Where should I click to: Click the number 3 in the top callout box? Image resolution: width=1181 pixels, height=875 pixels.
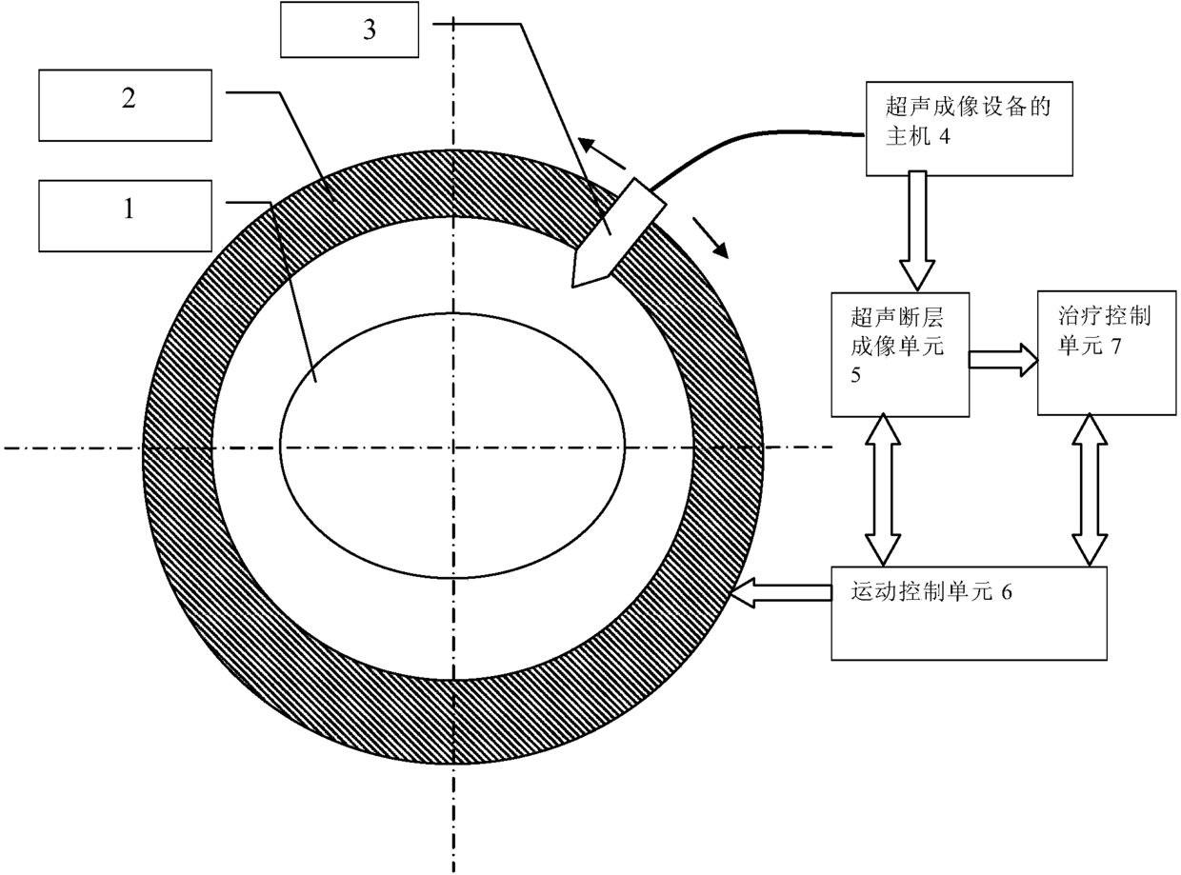(x=370, y=30)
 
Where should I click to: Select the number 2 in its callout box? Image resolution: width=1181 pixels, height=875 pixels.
(x=129, y=98)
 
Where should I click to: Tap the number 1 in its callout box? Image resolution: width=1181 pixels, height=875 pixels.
(x=129, y=209)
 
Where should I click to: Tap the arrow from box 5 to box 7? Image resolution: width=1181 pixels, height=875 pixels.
(x=1003, y=360)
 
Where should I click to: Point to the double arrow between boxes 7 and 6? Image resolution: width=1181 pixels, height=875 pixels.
(x=1090, y=490)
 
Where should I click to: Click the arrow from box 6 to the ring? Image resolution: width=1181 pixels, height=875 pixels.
(x=782, y=593)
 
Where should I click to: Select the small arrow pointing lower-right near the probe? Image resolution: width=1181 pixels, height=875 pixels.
(x=711, y=237)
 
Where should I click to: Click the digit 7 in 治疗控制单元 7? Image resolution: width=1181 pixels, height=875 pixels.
(x=1115, y=347)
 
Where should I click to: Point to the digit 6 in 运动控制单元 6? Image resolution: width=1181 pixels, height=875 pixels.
(x=1007, y=592)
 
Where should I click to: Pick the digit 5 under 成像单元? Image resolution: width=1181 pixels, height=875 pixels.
(x=855, y=375)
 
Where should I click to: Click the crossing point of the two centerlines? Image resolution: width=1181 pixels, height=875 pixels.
(x=453, y=447)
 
